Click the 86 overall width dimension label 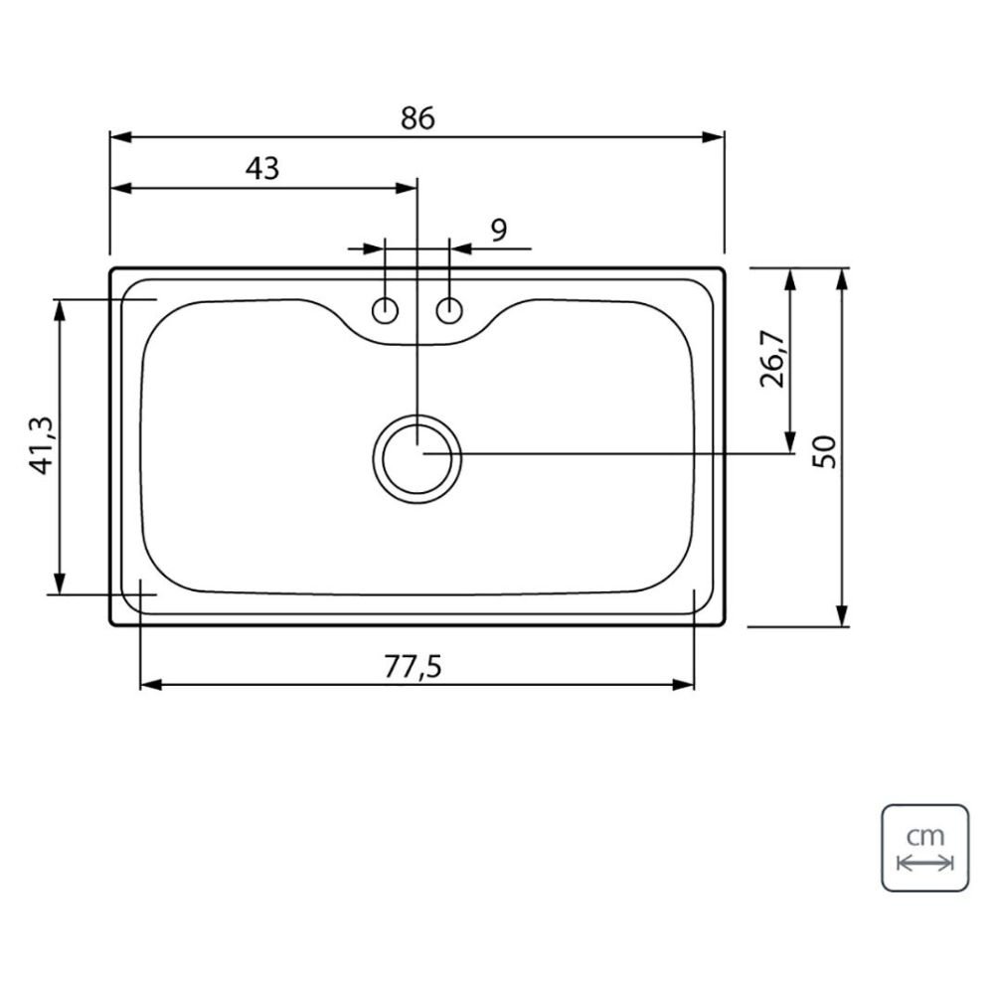(417, 118)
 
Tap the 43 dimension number (262, 169)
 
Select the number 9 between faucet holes (500, 231)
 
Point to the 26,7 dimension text (772, 358)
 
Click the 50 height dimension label (825, 451)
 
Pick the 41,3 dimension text (43, 446)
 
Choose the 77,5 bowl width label (413, 666)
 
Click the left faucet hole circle (385, 310)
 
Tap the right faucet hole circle (449, 310)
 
